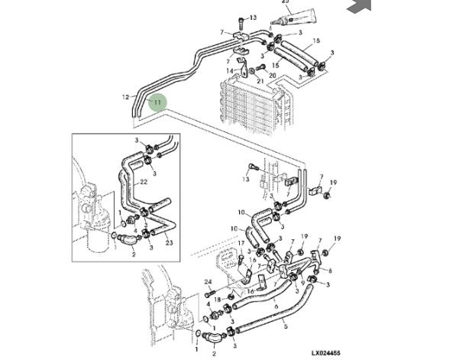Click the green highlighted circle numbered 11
157,101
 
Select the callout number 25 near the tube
286,2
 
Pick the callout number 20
273,76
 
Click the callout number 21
260,81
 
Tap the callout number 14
228,71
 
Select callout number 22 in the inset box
143,182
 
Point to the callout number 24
207,283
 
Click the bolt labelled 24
209,294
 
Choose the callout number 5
286,327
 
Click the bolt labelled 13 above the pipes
241,19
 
